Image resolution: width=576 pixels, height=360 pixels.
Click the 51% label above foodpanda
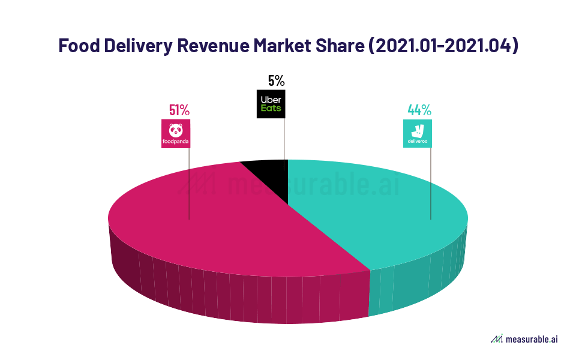pos(179,110)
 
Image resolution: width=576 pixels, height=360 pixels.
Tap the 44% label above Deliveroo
pos(419,110)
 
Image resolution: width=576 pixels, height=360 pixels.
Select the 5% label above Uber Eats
pos(275,80)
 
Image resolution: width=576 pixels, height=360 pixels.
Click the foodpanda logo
pos(176,134)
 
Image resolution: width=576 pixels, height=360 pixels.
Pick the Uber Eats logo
pos(271,104)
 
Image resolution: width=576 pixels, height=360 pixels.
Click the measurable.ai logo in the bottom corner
pos(524,340)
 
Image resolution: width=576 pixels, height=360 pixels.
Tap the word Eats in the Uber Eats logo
pos(270,109)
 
